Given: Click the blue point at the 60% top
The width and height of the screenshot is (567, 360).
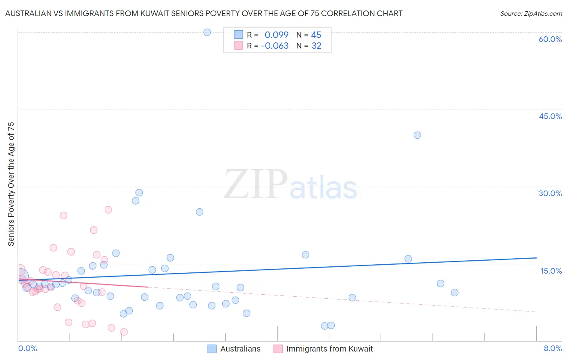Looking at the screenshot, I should click(207, 32).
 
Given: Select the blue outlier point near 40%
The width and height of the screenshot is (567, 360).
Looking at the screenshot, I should click(417, 135).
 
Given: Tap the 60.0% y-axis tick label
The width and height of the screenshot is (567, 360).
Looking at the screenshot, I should click(550, 39).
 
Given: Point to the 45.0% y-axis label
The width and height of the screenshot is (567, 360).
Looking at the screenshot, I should click(550, 116).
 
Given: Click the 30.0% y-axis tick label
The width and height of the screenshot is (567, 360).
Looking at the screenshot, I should click(550, 193).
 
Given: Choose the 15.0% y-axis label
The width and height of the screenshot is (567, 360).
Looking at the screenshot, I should click(551, 271).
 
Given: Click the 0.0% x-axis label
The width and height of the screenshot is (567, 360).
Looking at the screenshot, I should click(27, 348).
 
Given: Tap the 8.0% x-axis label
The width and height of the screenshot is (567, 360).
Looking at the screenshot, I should click(552, 348).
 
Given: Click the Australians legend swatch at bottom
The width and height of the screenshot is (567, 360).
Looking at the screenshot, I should click(212, 349).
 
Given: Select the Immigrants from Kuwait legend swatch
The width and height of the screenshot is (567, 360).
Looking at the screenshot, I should click(278, 349).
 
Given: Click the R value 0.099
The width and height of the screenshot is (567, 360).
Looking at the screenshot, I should click(276, 35).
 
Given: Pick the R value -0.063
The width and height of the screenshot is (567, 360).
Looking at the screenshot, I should click(275, 46).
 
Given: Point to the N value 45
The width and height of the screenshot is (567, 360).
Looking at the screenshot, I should click(316, 35).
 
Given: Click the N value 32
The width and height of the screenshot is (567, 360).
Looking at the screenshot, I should click(316, 46).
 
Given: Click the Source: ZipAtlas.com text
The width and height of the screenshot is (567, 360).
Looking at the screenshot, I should click(531, 14).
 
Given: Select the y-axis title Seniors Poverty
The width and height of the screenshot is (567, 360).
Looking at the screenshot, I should click(11, 184).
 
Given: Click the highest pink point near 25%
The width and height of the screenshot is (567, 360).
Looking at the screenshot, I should click(108, 210).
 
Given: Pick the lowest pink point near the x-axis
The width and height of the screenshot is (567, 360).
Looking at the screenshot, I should click(124, 332).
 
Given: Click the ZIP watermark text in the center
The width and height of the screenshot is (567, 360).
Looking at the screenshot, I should click(256, 185).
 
